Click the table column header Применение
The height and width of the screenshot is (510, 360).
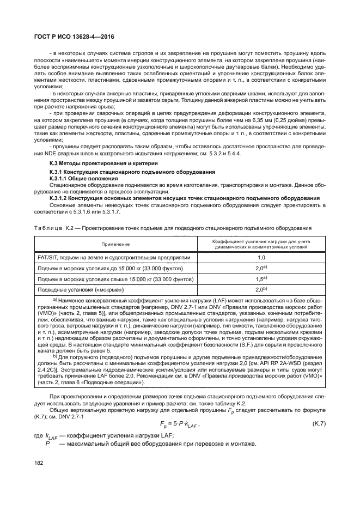pyautogui.click(x=115, y=245)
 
